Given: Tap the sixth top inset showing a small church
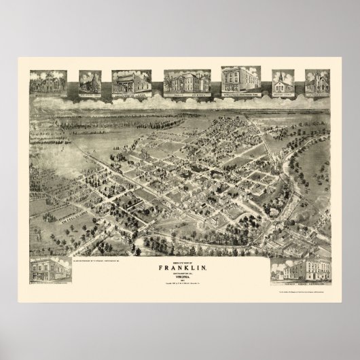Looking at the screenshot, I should point(286,84).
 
